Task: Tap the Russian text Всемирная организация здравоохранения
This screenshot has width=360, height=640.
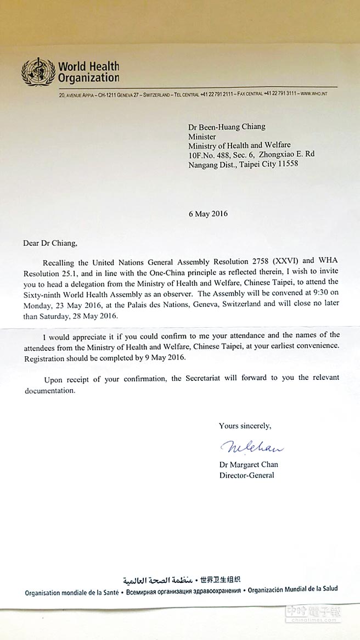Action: coord(184,591)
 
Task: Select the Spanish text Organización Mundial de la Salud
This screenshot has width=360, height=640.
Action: coord(293,590)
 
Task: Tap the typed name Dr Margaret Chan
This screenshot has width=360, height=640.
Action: coord(249,464)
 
